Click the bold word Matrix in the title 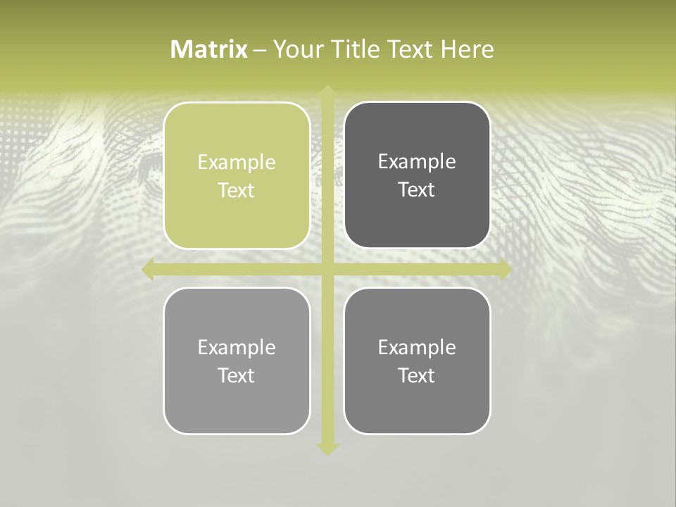tap(209, 49)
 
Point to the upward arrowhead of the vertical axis tap(327, 92)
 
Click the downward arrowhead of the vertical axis tap(327, 449)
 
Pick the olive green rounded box tap(237, 211)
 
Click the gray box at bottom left tap(237, 401)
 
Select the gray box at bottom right tap(417, 401)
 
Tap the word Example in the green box tap(237, 163)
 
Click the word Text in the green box tap(237, 191)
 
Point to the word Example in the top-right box tap(417, 162)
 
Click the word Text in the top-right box tap(417, 190)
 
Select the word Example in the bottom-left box tap(237, 348)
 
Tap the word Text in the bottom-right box tap(417, 376)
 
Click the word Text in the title tap(411, 49)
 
